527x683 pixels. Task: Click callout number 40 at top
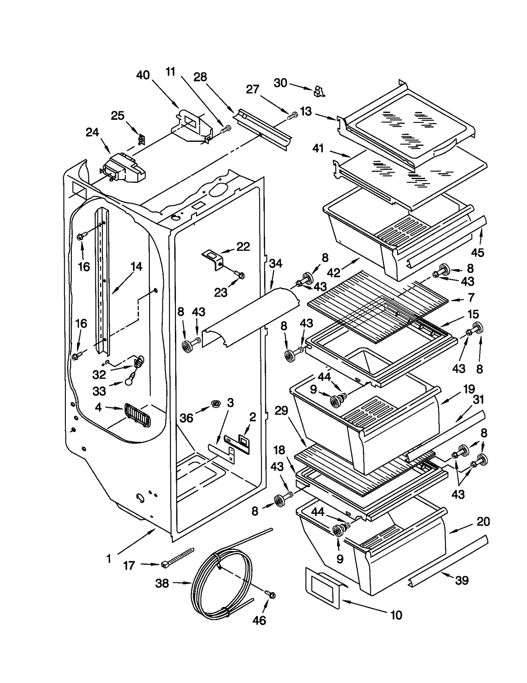(143, 75)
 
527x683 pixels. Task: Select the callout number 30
(280, 83)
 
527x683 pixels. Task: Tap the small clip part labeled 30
(319, 92)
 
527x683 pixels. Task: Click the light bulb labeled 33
(129, 380)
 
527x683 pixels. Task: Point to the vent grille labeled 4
(137, 415)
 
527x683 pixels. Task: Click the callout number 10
(396, 615)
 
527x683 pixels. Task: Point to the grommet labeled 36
(216, 404)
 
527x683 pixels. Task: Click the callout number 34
(275, 263)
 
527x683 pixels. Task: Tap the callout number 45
(477, 252)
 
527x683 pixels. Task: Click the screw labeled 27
(292, 116)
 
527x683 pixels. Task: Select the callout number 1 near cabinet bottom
(109, 558)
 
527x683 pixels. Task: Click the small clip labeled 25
(141, 140)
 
